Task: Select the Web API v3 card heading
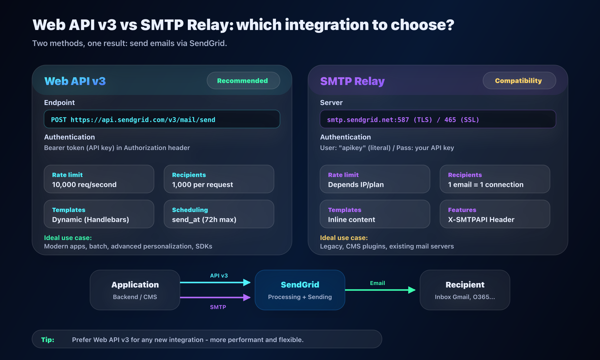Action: [x=75, y=81]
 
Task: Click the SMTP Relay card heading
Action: [x=352, y=81]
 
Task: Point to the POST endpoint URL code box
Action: [x=162, y=119]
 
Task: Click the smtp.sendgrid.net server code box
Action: [x=438, y=119]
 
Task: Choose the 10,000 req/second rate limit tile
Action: [x=99, y=179]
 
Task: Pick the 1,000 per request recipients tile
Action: [x=219, y=179]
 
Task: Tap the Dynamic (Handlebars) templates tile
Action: [x=99, y=214]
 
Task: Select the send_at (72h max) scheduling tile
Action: [x=219, y=214]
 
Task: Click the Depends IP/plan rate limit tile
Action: [x=375, y=179]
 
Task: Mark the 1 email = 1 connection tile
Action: [x=495, y=179]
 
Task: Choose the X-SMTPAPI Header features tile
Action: [x=495, y=214]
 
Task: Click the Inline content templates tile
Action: [x=375, y=214]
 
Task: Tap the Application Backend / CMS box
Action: [x=135, y=290]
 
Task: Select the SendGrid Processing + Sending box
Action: [x=300, y=290]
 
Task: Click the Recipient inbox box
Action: [x=465, y=290]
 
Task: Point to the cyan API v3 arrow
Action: [x=216, y=282]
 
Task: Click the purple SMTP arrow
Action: [x=216, y=297]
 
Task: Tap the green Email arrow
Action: [x=380, y=290]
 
